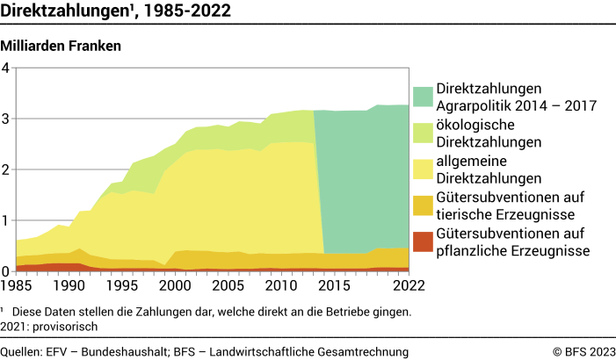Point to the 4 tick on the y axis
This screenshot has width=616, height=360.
[6, 68]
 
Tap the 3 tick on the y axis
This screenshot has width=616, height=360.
[6, 119]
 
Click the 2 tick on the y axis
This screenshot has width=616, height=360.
[6, 169]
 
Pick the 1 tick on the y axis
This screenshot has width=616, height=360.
[6, 220]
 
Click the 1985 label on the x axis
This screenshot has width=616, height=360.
[16, 285]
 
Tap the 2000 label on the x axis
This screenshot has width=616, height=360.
[175, 285]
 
